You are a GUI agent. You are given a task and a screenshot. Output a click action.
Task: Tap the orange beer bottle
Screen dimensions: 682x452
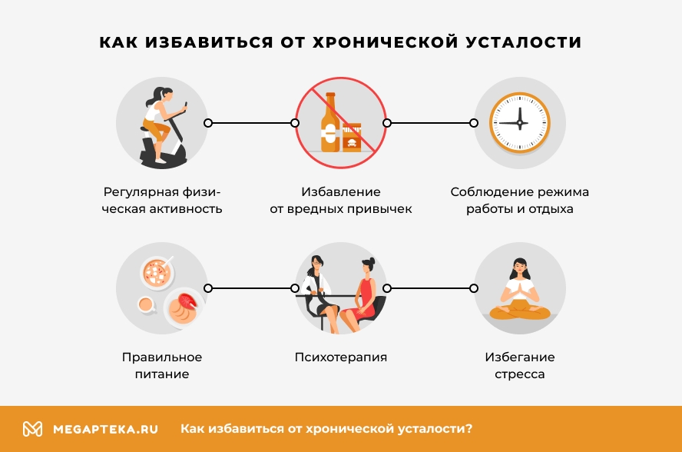(x=330, y=122)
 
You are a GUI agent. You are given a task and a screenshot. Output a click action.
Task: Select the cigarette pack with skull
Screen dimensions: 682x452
(x=352, y=137)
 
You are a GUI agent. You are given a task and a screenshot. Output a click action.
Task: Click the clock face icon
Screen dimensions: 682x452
(x=520, y=123)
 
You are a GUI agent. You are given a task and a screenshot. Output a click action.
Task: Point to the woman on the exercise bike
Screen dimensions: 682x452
(x=161, y=126)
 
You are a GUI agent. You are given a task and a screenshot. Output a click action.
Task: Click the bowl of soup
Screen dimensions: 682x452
(x=157, y=273)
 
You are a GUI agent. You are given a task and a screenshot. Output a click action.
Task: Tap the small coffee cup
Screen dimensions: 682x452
(x=147, y=304)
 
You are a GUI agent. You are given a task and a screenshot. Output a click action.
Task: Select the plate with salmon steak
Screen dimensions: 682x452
(x=183, y=307)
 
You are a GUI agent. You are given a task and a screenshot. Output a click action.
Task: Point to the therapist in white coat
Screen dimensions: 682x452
(x=319, y=293)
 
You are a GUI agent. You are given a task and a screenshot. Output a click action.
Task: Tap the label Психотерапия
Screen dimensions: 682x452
(x=340, y=357)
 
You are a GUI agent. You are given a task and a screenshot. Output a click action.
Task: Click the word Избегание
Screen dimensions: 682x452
(x=520, y=357)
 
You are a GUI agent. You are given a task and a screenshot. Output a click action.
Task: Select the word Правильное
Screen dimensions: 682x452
(x=162, y=357)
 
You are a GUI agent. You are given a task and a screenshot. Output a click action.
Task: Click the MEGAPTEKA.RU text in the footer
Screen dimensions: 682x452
(x=105, y=430)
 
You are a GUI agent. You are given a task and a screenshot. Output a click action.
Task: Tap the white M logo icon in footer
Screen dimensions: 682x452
(x=32, y=429)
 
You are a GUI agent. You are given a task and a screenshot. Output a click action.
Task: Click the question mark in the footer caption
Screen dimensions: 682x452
(x=468, y=428)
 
